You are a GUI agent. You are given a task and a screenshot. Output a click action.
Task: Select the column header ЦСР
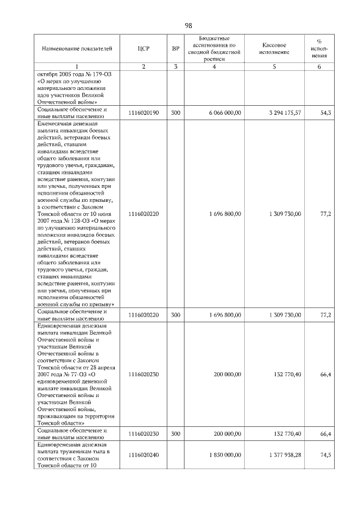click(x=143, y=49)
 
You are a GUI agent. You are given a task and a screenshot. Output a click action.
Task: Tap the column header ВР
click(x=175, y=49)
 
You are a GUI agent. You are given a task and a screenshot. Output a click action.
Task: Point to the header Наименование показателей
click(x=73, y=49)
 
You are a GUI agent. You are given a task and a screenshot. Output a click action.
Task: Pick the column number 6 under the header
click(x=319, y=67)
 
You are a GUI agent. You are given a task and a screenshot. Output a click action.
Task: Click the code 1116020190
click(x=143, y=113)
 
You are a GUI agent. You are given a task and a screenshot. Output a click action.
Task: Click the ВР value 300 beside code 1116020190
click(x=175, y=113)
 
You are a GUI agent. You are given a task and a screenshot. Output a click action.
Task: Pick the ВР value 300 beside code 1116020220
click(x=175, y=315)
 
